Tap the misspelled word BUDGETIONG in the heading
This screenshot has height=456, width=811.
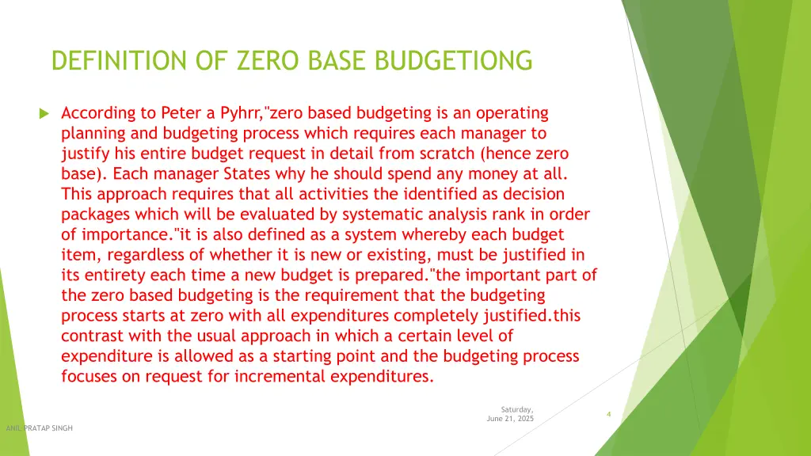[464, 60]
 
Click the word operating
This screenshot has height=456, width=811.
[511, 113]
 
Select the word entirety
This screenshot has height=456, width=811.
[116, 275]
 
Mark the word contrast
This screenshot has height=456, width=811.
[92, 336]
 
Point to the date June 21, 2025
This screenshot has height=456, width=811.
[510, 418]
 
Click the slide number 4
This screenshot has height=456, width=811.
[607, 414]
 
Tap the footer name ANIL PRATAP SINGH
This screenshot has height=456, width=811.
[40, 428]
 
